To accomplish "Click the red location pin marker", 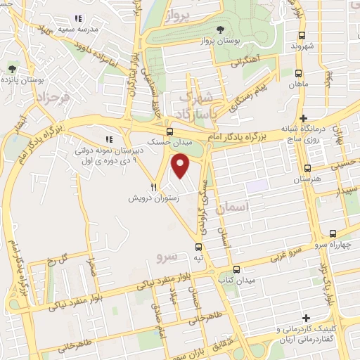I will coord(181,166).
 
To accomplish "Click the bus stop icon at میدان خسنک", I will coord(169,131).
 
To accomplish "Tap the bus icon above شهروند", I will coord(302,35).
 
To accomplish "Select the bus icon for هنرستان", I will coord(308,168).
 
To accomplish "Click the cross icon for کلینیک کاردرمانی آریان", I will coord(304,319).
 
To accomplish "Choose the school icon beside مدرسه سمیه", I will coord(78,18).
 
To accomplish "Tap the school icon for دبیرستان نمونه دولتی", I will coord(108,139).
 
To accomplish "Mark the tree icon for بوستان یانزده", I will coord(12,68).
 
